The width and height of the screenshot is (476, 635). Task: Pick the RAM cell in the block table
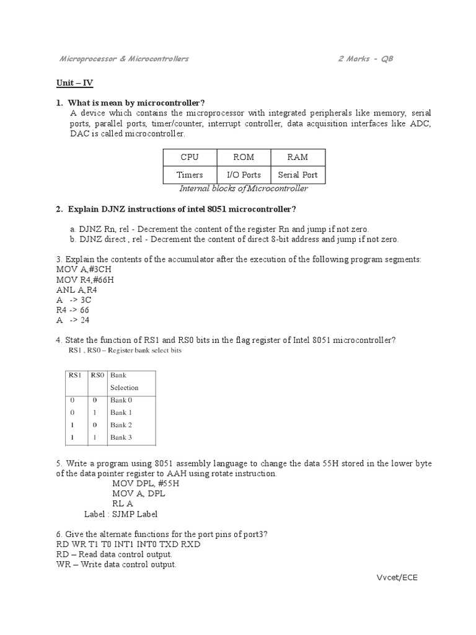pyautogui.click(x=297, y=158)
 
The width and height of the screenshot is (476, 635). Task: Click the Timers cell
pyautogui.click(x=190, y=175)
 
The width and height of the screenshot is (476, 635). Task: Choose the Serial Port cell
pyautogui.click(x=297, y=175)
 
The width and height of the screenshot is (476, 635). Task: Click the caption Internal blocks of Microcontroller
pyautogui.click(x=243, y=189)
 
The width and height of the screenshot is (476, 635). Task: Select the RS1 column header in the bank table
pyautogui.click(x=76, y=375)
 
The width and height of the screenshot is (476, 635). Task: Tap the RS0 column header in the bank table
pyautogui.click(x=97, y=375)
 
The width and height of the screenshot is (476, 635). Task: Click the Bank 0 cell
pyautogui.click(x=121, y=400)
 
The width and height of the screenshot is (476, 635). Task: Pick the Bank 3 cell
pyautogui.click(x=121, y=437)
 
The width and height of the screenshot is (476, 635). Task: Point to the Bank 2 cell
pyautogui.click(x=121, y=425)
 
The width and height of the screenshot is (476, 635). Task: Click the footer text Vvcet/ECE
pyautogui.click(x=397, y=577)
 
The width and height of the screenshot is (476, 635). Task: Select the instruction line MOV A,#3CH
pyautogui.click(x=84, y=270)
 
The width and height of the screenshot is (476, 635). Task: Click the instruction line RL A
pyautogui.click(x=122, y=504)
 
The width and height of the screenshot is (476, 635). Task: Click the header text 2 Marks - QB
pyautogui.click(x=365, y=59)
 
